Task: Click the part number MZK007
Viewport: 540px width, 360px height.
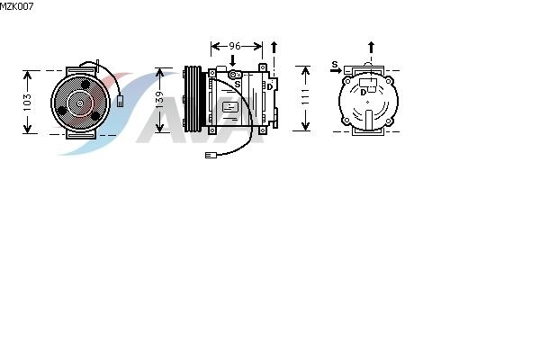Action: click(x=16, y=6)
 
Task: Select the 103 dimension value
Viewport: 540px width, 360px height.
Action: click(x=27, y=103)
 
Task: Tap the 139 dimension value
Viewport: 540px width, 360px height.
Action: click(x=158, y=100)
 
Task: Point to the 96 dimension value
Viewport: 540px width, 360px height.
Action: click(x=235, y=46)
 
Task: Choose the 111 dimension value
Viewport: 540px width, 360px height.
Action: click(x=305, y=96)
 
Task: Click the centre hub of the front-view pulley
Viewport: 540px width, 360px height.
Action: click(x=80, y=103)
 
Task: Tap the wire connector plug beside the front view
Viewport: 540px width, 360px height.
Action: click(x=120, y=101)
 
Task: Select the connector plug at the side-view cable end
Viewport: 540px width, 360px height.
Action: click(x=211, y=155)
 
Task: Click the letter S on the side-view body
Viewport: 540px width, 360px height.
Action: click(x=238, y=84)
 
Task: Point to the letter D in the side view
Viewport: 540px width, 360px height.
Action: click(x=270, y=87)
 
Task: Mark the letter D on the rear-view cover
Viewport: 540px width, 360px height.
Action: click(x=363, y=93)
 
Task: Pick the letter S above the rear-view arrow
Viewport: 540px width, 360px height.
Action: click(x=335, y=64)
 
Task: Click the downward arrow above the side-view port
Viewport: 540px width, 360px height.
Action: click(x=233, y=60)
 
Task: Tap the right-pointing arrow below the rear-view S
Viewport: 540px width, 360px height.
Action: click(x=336, y=70)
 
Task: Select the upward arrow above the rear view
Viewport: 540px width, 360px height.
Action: click(x=371, y=47)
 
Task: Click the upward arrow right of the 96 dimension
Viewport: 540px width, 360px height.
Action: click(x=274, y=47)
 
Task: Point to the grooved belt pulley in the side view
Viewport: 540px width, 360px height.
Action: click(x=193, y=98)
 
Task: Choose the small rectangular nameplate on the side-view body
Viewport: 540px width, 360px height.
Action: click(x=229, y=107)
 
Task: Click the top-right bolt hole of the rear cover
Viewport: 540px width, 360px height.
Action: click(x=389, y=81)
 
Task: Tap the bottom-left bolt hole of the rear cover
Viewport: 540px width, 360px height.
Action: click(x=346, y=121)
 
